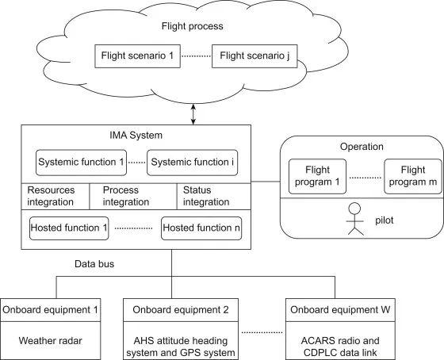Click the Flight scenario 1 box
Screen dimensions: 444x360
point(138,56)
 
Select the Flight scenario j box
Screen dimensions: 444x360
point(255,56)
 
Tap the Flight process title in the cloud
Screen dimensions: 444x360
point(192,26)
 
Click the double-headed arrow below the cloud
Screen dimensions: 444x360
point(193,114)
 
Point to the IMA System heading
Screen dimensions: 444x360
point(136,135)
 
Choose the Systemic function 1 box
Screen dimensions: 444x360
point(81,163)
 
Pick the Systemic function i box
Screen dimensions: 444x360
point(192,163)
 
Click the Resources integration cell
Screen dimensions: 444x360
point(55,197)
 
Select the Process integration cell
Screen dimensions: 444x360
point(133,197)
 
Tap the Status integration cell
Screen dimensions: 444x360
point(214,197)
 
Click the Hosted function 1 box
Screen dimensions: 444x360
point(69,228)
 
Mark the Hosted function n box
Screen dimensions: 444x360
point(201,228)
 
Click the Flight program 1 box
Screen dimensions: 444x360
point(317,176)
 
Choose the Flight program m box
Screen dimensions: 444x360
point(413,176)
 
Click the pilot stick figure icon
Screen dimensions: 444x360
point(355,219)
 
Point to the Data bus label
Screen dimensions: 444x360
point(94,264)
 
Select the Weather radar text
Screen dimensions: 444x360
point(51,340)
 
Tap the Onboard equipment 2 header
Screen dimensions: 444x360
point(181,310)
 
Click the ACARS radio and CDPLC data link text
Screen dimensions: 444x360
point(340,347)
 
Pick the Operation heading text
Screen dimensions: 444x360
point(362,147)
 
